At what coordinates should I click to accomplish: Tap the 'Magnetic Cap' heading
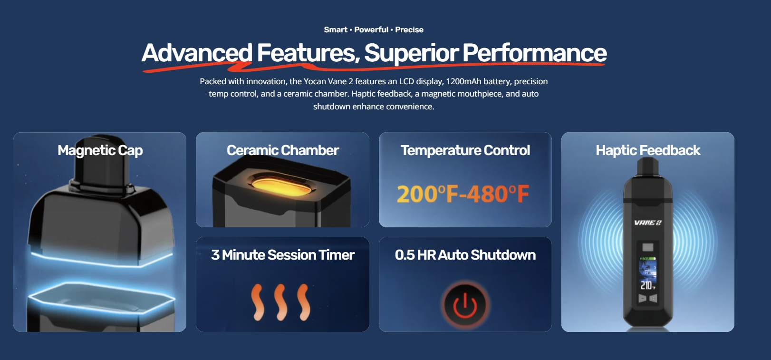click(100, 151)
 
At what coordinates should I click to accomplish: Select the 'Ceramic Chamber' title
click(282, 150)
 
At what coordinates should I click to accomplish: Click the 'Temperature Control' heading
click(465, 150)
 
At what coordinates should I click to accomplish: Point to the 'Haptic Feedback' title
click(648, 150)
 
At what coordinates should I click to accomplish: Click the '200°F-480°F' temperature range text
click(463, 195)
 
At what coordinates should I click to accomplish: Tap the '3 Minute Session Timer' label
click(282, 255)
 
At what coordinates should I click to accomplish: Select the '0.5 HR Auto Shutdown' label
click(465, 255)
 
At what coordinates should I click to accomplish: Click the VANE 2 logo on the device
click(648, 223)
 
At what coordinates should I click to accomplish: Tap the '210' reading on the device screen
click(646, 285)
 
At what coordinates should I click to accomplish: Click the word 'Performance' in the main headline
click(534, 53)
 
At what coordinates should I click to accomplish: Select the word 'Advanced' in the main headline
click(197, 53)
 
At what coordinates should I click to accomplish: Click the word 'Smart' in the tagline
click(336, 29)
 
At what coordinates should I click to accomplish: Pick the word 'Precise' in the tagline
click(409, 29)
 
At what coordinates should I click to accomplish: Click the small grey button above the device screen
click(648, 247)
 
